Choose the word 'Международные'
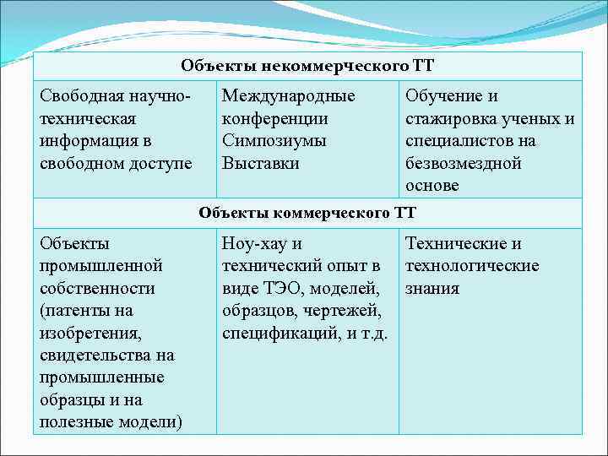pos(288,97)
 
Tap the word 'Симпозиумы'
pos(274,141)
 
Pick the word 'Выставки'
pos(261,163)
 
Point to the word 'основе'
pos(432,185)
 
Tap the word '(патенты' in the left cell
pos(74,310)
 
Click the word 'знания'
pos(433,288)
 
